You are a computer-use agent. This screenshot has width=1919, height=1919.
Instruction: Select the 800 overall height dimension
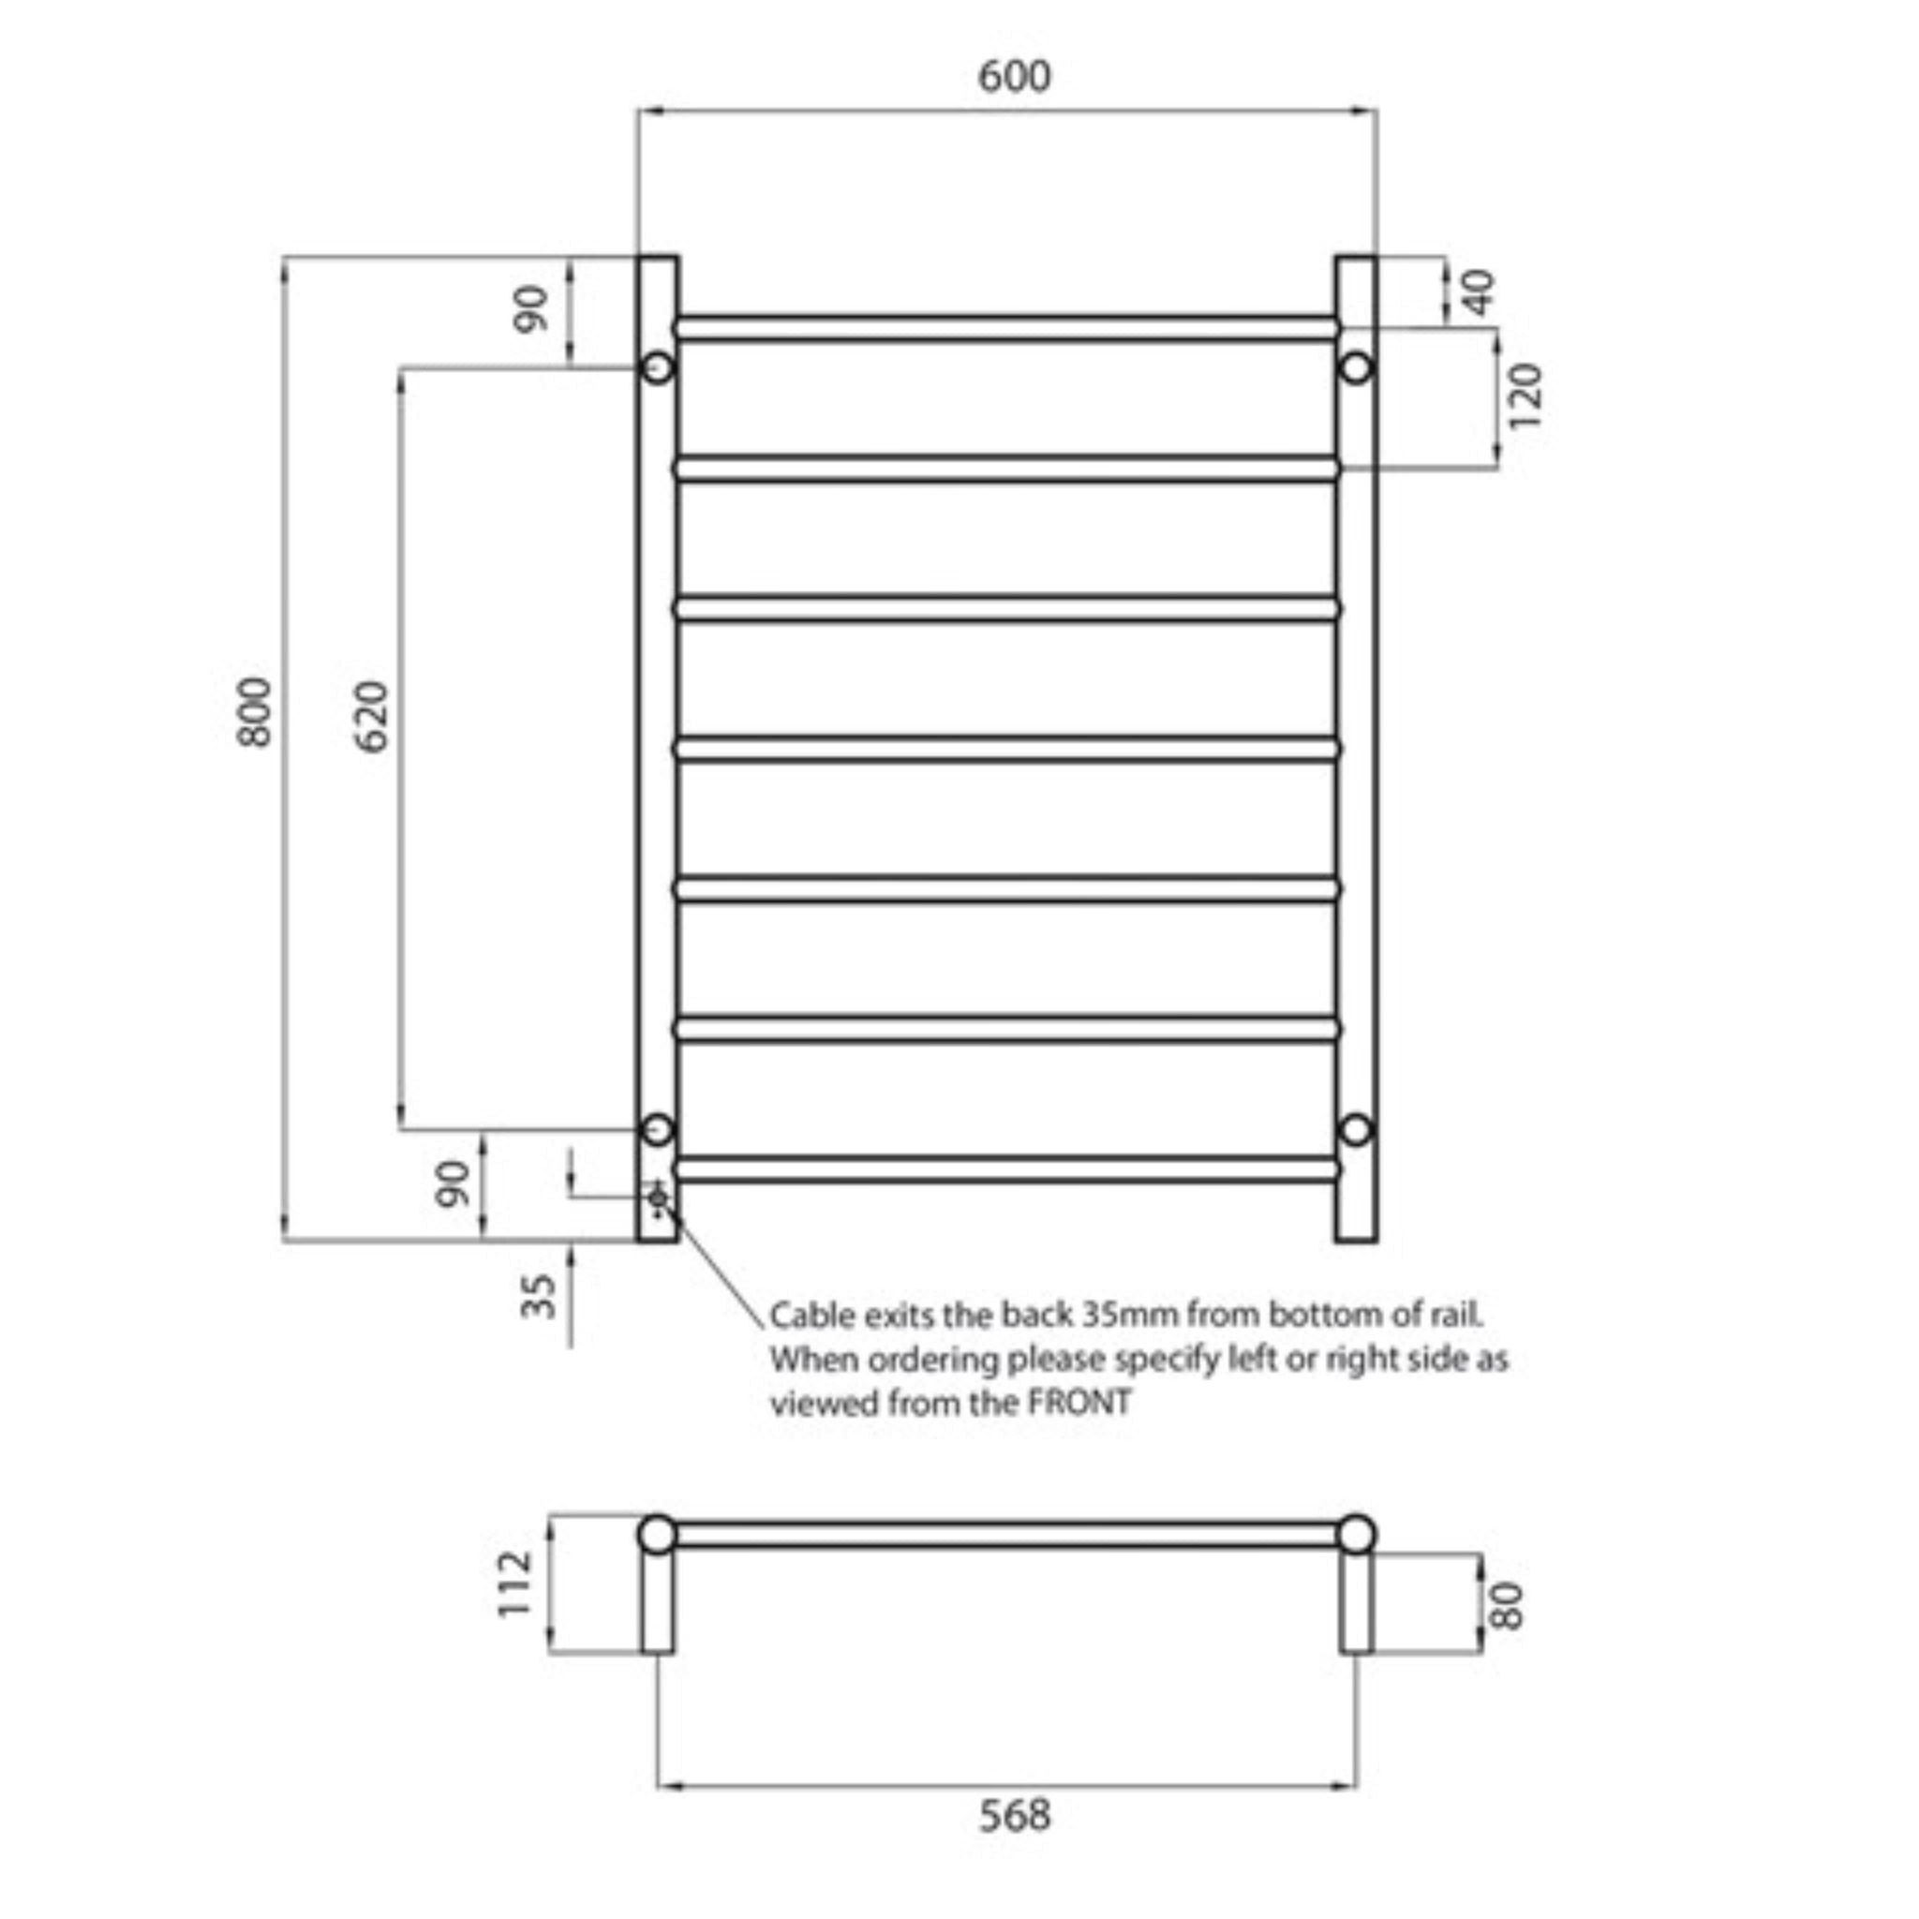click(x=254, y=711)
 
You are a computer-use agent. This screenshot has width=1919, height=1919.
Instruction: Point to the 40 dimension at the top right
click(x=1479, y=292)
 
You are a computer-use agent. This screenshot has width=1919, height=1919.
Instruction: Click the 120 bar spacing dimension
click(x=1525, y=396)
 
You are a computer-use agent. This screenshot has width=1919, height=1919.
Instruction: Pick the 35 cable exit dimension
click(x=540, y=1295)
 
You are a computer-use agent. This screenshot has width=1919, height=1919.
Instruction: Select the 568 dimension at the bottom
click(x=1013, y=1815)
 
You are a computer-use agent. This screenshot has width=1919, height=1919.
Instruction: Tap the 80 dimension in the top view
click(x=1507, y=1606)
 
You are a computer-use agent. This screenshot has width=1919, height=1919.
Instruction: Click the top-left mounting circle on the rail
click(x=658, y=367)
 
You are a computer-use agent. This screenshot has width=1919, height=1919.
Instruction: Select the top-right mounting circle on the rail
click(x=1357, y=367)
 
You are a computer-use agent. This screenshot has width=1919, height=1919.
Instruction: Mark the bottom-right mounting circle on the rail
click(x=1357, y=1129)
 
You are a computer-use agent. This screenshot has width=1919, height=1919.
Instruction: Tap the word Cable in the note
click(x=812, y=1315)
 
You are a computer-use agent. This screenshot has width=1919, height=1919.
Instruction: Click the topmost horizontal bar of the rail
click(x=1005, y=329)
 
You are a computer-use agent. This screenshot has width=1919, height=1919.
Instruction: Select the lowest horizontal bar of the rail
click(x=1005, y=1168)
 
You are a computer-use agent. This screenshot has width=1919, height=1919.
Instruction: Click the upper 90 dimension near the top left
click(x=531, y=308)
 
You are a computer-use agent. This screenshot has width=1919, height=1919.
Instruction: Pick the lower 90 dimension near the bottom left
click(x=453, y=1183)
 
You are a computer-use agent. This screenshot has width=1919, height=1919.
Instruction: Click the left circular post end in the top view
click(x=657, y=1534)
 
